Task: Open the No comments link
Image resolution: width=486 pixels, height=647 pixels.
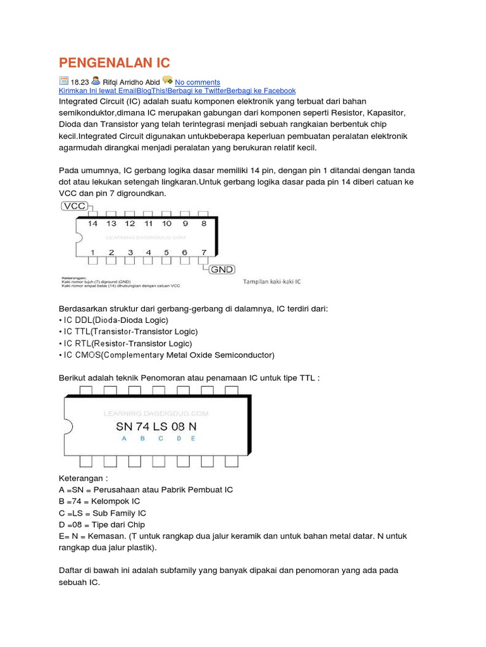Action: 197,82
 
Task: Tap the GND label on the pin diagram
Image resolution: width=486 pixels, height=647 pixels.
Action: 222,269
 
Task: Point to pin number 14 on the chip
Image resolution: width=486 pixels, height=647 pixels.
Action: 92,224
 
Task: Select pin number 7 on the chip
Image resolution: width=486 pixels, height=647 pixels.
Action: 203,253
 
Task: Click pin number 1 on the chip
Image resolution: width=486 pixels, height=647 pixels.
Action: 92,253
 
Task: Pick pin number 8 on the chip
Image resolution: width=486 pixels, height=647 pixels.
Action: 203,224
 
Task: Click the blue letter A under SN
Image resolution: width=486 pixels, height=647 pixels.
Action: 123,438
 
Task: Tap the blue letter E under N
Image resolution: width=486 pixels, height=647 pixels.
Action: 193,438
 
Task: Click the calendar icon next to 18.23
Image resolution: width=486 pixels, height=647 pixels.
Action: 63,81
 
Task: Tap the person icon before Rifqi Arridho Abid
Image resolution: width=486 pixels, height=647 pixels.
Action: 95,81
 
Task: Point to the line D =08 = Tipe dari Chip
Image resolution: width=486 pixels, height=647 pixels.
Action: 102,524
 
